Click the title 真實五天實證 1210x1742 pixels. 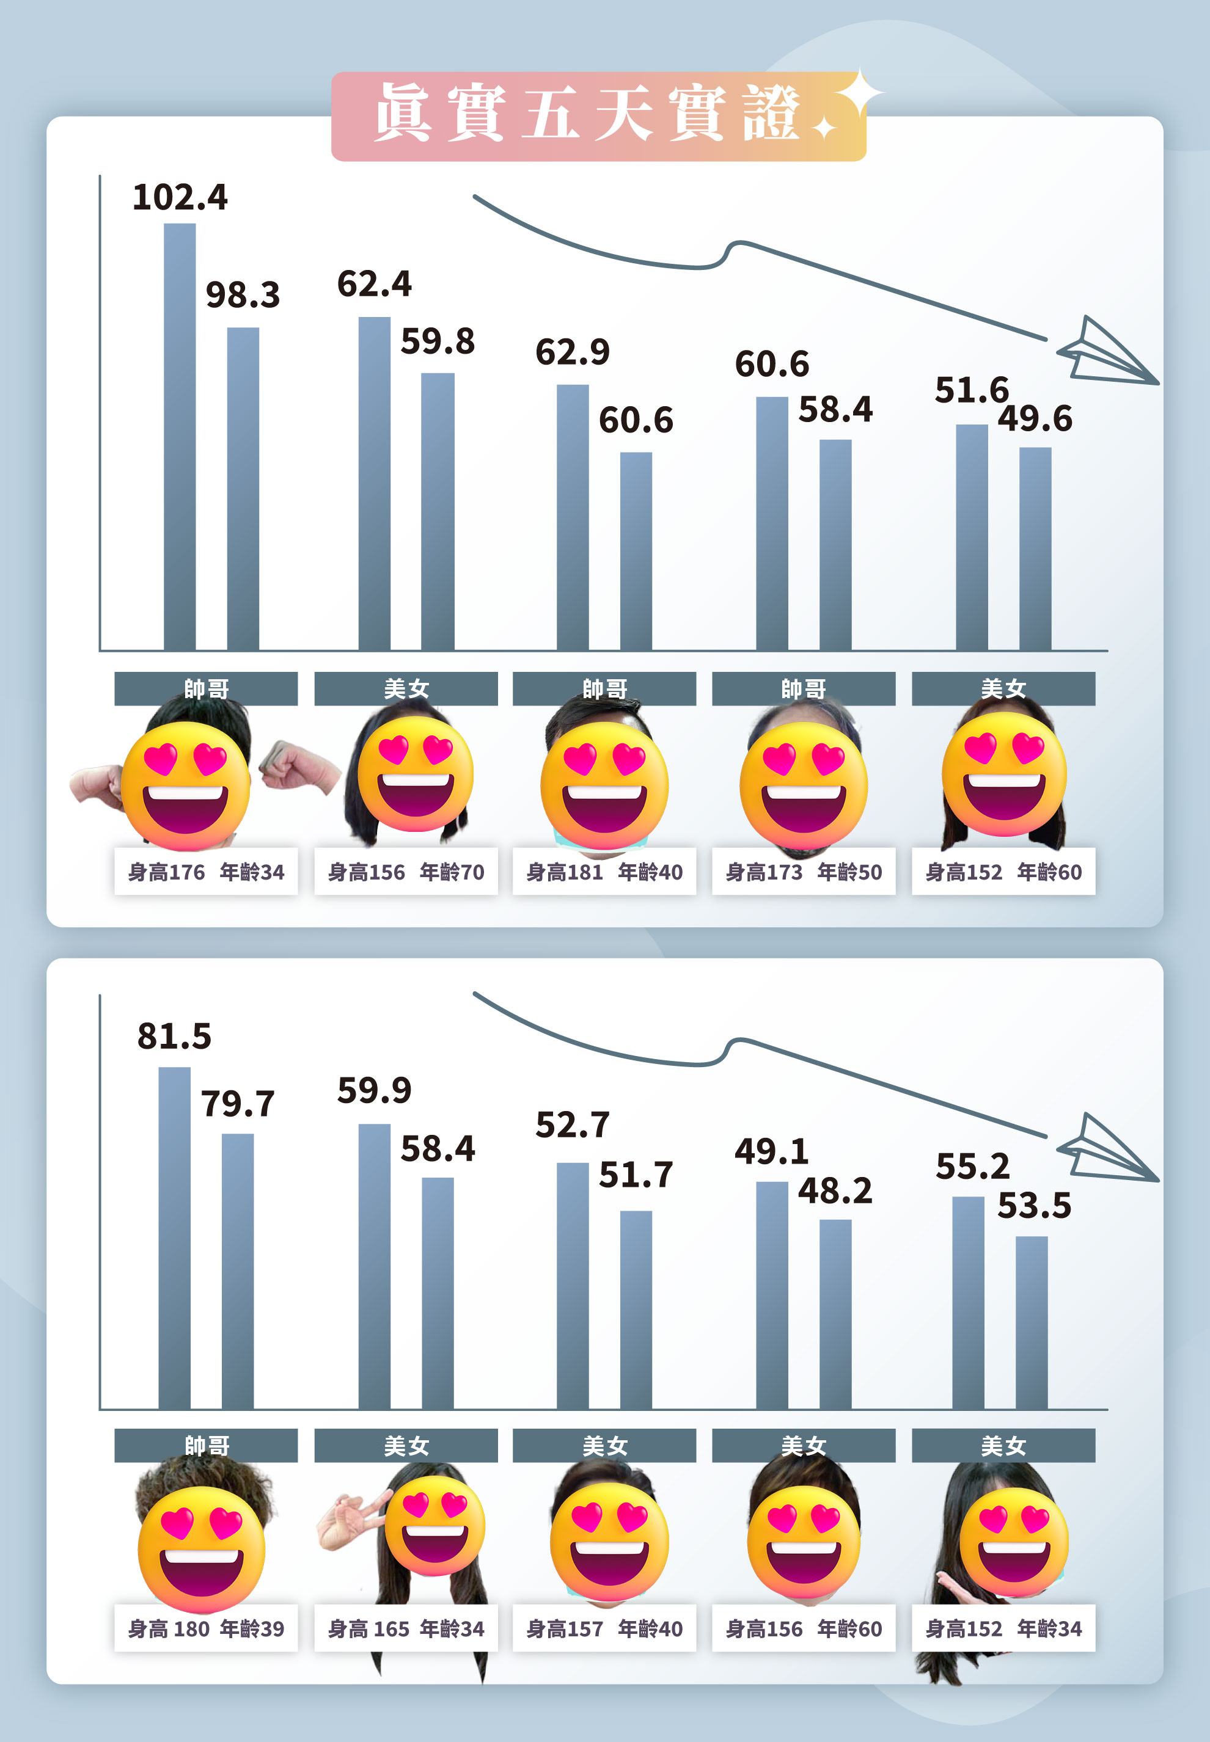point(587,114)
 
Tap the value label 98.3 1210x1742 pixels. point(243,295)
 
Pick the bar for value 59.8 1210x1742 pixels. point(438,511)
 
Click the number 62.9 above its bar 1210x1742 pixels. point(573,352)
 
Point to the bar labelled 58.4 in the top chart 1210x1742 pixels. point(835,544)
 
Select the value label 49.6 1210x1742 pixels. point(1035,418)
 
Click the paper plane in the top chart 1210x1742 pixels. point(1106,354)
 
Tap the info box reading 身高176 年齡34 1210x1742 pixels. point(205,872)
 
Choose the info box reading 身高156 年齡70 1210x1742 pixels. point(406,872)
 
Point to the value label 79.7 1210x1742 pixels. point(237,1103)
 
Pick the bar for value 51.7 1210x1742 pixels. point(636,1310)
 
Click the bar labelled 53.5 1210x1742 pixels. point(1031,1322)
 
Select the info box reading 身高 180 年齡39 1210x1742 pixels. point(205,1628)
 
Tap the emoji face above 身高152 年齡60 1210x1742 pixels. point(1004,774)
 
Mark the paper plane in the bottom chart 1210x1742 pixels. point(1106,1151)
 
